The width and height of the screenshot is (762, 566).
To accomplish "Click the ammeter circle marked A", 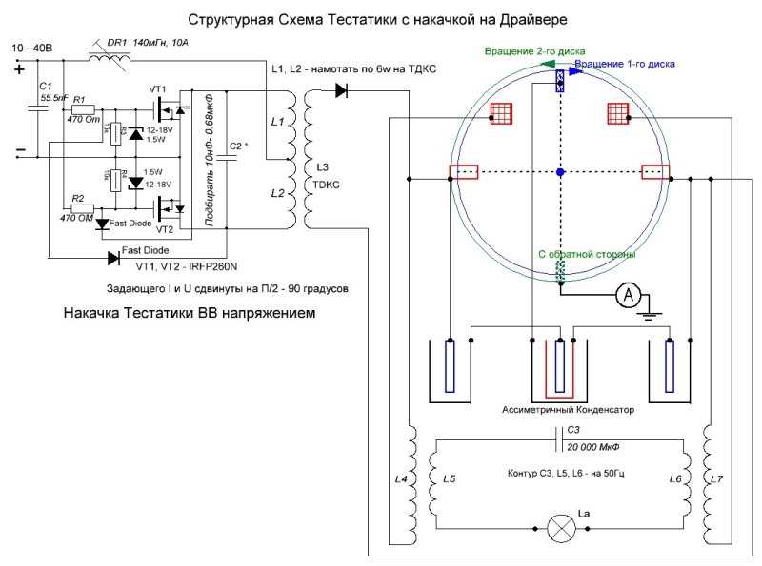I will click(x=628, y=296).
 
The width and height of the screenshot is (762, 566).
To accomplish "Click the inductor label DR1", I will click(x=117, y=42).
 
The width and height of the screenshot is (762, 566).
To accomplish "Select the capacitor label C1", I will click(x=45, y=87).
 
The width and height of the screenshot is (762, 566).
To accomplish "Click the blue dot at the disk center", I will click(x=561, y=172).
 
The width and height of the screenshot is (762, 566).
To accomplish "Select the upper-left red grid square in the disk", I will click(x=502, y=113).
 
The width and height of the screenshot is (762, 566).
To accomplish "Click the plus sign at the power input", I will click(x=19, y=68).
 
